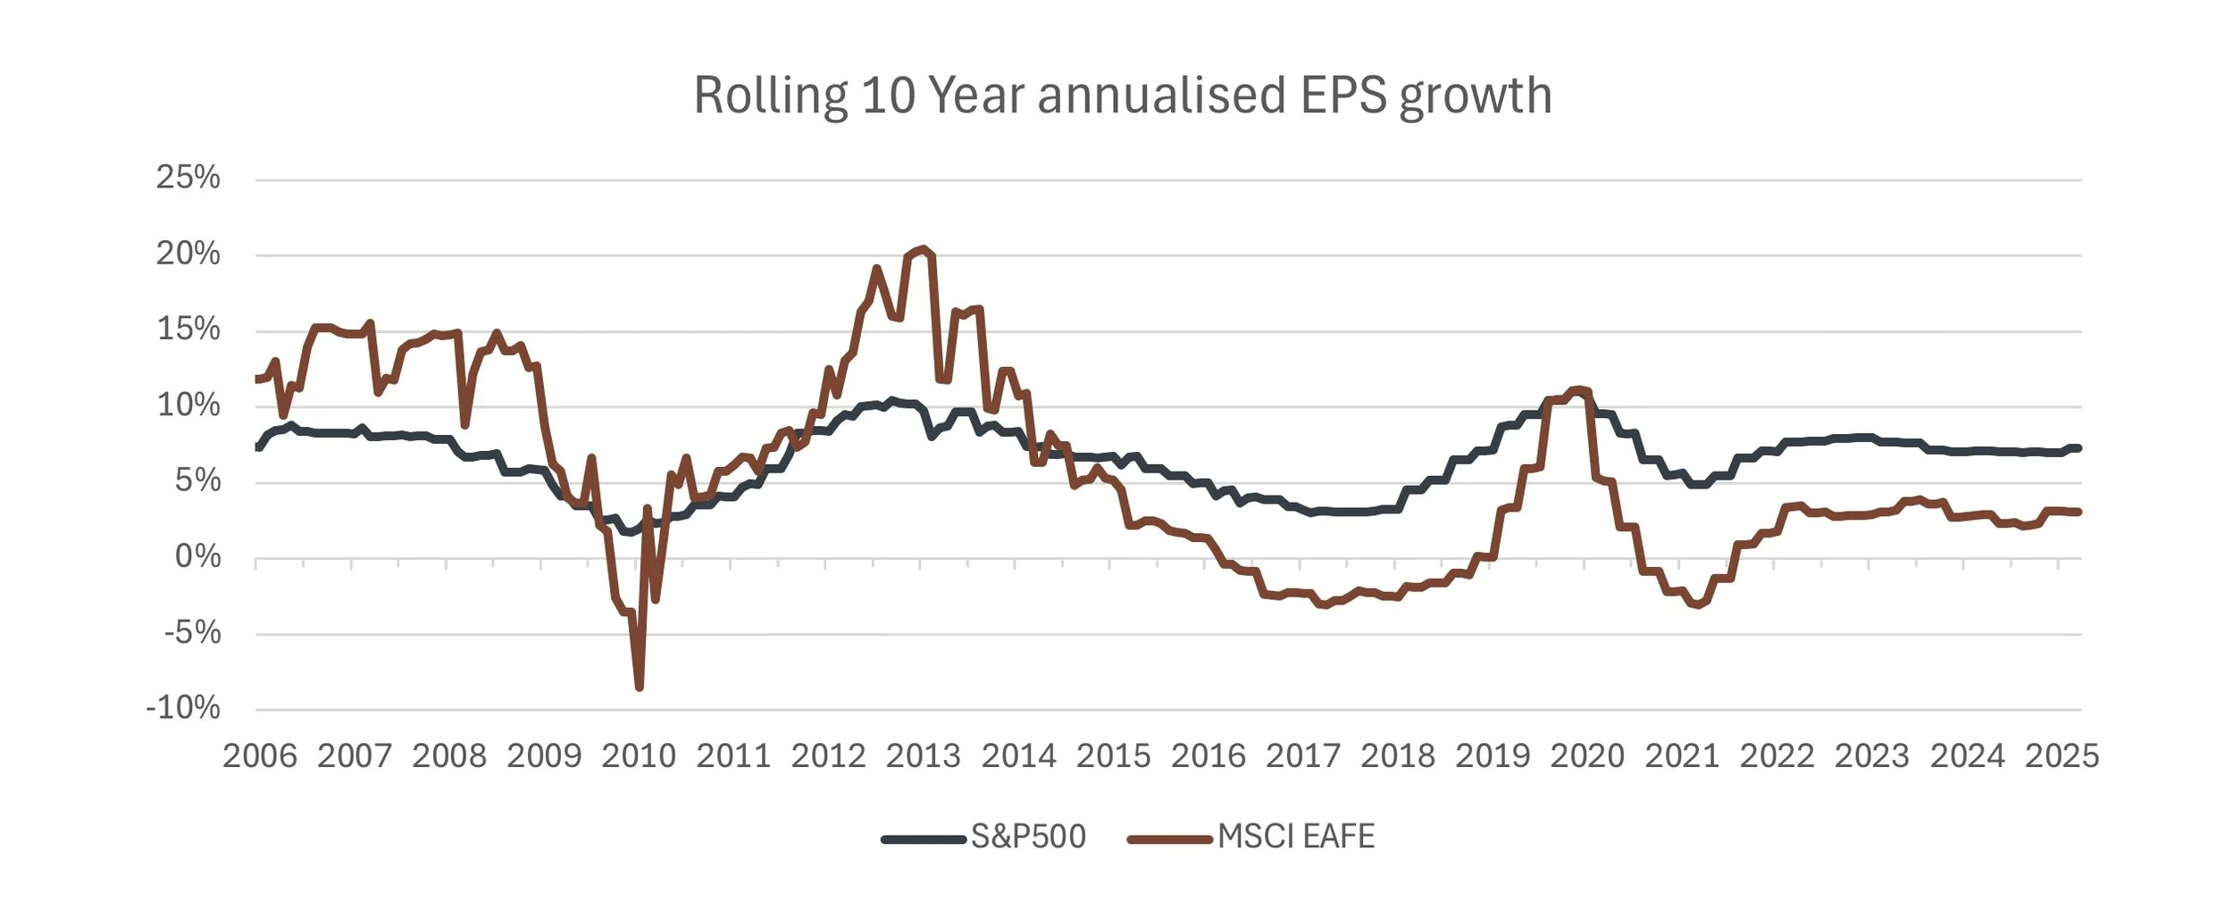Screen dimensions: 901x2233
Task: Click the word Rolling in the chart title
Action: click(770, 96)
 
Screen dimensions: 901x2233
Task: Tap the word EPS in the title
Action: click(1343, 96)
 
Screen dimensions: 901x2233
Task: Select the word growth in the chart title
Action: click(1476, 96)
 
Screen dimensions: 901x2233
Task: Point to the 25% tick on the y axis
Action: click(188, 177)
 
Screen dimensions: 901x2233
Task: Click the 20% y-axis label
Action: click(188, 254)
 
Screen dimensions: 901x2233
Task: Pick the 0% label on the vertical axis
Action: click(197, 556)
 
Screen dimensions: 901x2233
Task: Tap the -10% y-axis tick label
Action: click(183, 707)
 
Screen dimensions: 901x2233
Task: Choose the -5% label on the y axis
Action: click(192, 632)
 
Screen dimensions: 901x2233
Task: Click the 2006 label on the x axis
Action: click(259, 755)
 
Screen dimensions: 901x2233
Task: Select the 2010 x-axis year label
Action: click(639, 755)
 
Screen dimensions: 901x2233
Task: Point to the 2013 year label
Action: click(923, 755)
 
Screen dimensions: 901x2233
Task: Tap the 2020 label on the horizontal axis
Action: click(1587, 755)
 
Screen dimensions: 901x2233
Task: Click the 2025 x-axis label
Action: click(2062, 755)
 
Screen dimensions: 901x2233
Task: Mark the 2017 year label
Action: click(1303, 755)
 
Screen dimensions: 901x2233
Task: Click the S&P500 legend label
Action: click(1028, 837)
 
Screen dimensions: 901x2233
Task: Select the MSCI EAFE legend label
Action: click(1296, 837)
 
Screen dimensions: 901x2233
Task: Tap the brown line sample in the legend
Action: click(1170, 838)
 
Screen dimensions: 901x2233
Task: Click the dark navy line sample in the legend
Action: click(924, 838)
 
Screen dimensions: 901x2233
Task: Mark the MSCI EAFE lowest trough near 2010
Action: click(640, 687)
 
